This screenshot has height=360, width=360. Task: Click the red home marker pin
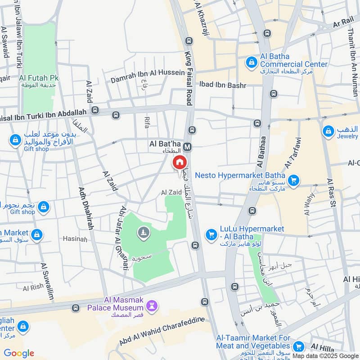pyautogui.click(x=179, y=162)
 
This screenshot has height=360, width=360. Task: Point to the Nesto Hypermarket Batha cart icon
pyautogui.click(x=294, y=180)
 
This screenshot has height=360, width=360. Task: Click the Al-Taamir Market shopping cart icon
pyautogui.click(x=297, y=346)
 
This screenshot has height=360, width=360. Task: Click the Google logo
pyautogui.click(x=19, y=353)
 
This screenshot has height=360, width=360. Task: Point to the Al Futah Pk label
pyautogui.click(x=39, y=77)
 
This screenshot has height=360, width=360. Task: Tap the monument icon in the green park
pyautogui.click(x=144, y=232)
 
